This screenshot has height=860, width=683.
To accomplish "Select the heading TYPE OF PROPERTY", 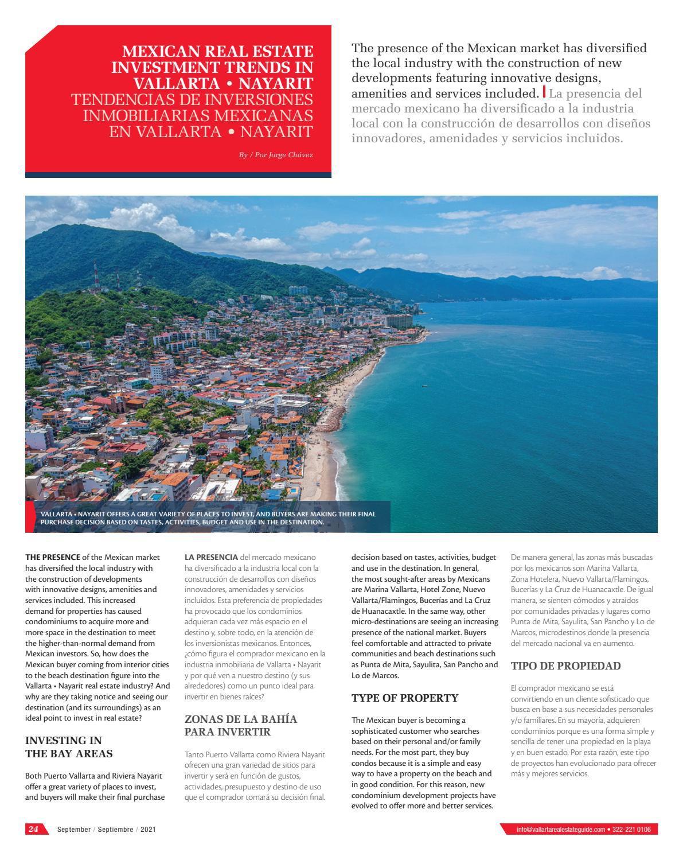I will pos(405,698).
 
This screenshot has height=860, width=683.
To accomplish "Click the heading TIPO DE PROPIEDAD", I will pos(565,666).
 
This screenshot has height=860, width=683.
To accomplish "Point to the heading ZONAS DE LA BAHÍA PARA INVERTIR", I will pos(241,725).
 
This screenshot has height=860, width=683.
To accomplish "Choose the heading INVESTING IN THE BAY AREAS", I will pos(69,747).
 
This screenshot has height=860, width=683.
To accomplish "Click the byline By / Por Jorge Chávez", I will pos(276,155).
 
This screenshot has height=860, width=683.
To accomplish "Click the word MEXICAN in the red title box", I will pos(151,51).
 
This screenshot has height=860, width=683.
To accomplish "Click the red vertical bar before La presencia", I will pos(544,92).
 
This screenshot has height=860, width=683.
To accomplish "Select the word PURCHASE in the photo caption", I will pos(57,523).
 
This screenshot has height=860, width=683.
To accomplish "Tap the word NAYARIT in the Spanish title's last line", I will pos(276,132).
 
